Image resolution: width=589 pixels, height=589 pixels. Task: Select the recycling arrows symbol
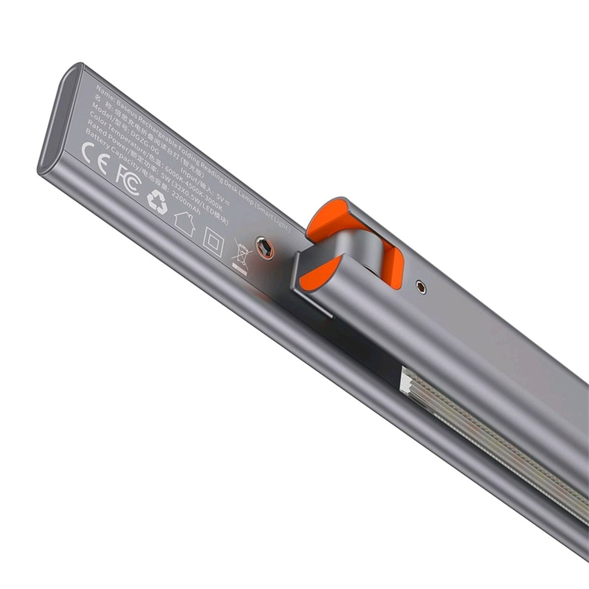click(x=157, y=202)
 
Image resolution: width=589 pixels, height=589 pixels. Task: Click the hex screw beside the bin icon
click(x=266, y=247)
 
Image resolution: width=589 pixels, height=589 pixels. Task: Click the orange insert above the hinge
click(x=326, y=211)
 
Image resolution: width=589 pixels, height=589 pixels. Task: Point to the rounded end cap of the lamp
click(x=54, y=123)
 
